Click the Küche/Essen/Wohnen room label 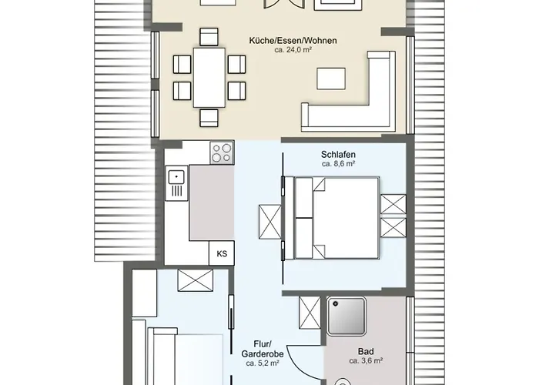pos(293,41)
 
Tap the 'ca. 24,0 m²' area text pos(293,50)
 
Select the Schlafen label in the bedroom pos(338,155)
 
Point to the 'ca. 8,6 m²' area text pos(338,164)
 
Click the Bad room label pos(366,352)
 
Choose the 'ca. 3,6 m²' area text pos(366,361)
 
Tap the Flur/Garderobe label pos(263,349)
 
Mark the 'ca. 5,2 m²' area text pos(263,363)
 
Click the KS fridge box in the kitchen pos(222,253)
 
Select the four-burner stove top pos(222,152)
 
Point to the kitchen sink pos(176,183)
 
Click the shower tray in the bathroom pos(346,316)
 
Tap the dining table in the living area pos(209,78)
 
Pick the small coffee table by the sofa pos(331,79)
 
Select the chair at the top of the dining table pos(209,37)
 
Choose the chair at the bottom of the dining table pos(209,118)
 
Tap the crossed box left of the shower pos(310,313)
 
